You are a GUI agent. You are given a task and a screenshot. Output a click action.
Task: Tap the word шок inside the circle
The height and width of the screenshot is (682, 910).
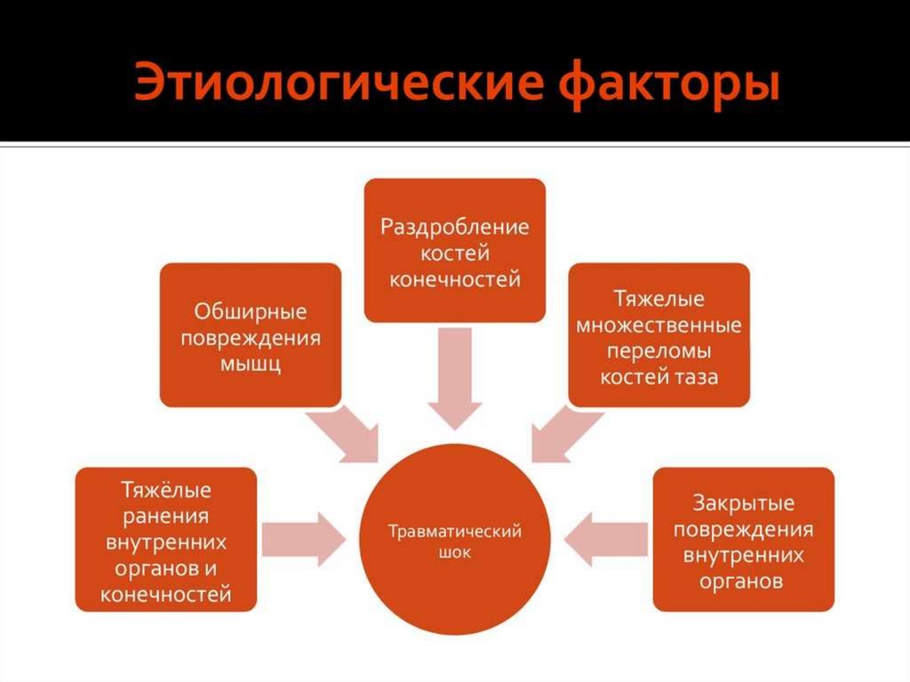(x=454, y=552)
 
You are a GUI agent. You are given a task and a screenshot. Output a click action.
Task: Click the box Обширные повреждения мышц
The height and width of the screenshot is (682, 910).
(x=250, y=335)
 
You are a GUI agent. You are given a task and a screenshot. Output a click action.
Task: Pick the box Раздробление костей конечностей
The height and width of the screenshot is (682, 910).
(x=454, y=250)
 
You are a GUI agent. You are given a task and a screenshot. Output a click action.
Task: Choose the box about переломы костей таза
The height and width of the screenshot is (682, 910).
(x=659, y=335)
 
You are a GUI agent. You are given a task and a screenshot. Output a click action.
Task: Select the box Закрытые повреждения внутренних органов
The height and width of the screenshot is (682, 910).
(x=743, y=540)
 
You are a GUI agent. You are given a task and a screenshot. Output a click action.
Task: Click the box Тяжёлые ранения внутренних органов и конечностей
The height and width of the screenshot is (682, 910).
(x=166, y=540)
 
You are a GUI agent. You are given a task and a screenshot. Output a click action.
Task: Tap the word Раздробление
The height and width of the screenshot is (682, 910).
(x=454, y=226)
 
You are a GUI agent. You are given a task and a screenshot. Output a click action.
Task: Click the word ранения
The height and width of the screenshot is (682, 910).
(x=166, y=516)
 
